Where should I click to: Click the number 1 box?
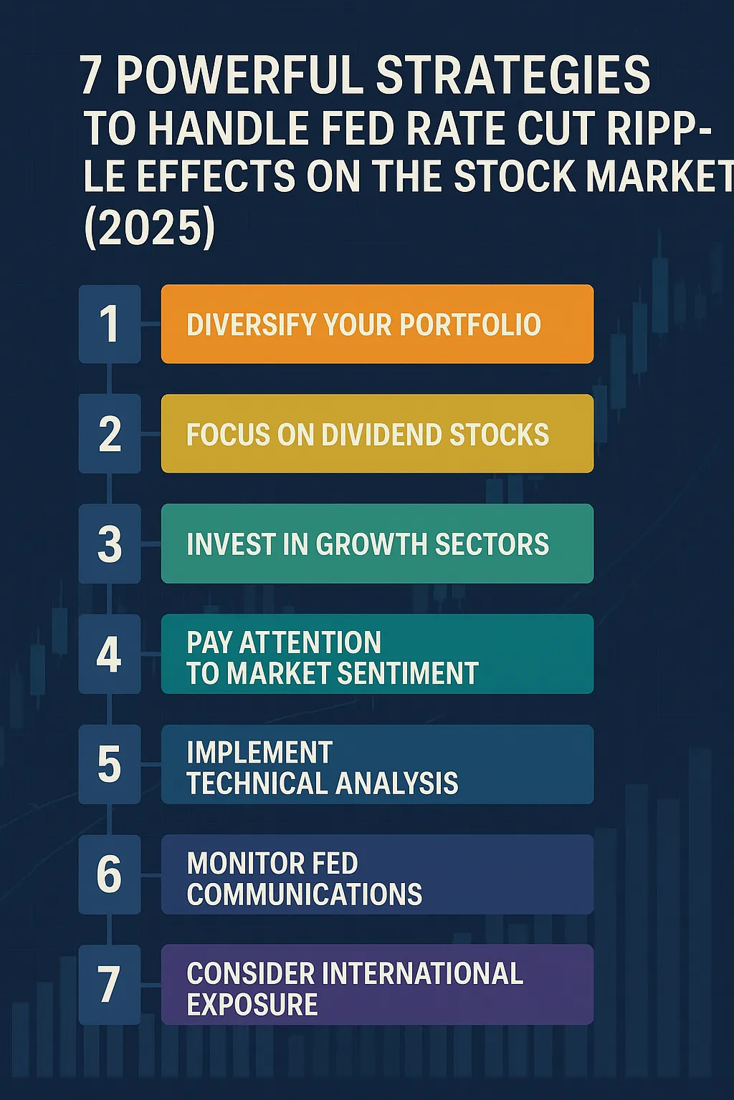point(110,324)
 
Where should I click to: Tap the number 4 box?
point(110,654)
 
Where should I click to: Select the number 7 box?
point(110,984)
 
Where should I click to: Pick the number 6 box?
point(110,874)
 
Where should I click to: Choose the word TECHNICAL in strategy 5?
point(256,783)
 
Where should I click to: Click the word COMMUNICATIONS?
point(305,893)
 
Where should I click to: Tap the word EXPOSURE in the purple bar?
point(252,1004)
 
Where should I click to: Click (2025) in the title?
point(150,228)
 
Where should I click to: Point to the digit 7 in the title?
point(92,75)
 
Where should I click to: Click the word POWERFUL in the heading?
point(241,75)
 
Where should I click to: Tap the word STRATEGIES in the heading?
point(514,75)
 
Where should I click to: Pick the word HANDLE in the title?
point(228,127)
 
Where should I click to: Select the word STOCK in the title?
point(514,175)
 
